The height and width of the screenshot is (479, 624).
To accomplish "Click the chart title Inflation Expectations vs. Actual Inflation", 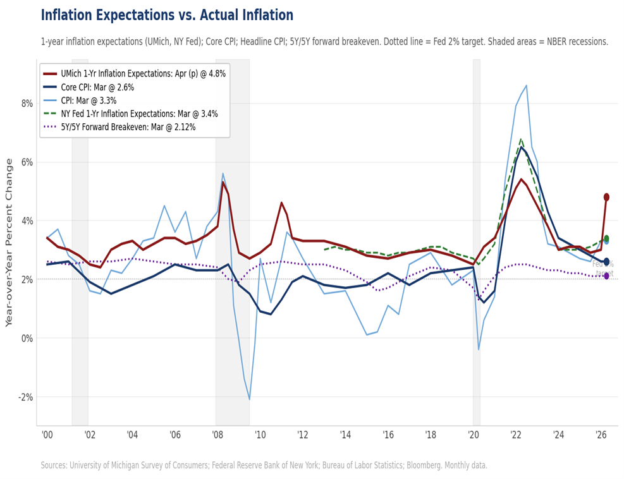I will pyautogui.click(x=167, y=15).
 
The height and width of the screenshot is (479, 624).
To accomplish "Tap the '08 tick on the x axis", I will pyautogui.click(x=216, y=435).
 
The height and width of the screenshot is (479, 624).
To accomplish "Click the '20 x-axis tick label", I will pyautogui.click(x=473, y=435).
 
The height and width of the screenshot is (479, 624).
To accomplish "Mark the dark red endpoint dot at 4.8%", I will pyautogui.click(x=606, y=197).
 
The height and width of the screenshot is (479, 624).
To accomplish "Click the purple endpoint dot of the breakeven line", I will pyautogui.click(x=606, y=276).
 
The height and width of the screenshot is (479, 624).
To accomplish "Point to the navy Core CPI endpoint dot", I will pyautogui.click(x=606, y=262).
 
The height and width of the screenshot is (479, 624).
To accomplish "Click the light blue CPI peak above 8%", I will pyautogui.click(x=526, y=85).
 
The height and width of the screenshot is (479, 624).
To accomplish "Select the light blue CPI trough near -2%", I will pyautogui.click(x=250, y=399).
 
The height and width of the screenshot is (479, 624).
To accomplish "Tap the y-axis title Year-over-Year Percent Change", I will pyautogui.click(x=9, y=242).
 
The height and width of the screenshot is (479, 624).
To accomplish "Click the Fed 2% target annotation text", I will pyautogui.click(x=603, y=269).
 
